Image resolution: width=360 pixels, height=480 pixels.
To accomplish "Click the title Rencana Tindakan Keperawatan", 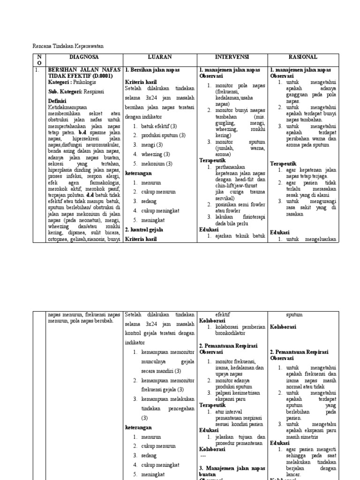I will pyautogui.click(x=67, y=46).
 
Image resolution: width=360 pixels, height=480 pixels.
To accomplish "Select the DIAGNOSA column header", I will pyautogui.click(x=84, y=57).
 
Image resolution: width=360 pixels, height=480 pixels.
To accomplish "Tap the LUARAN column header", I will pyautogui.click(x=160, y=57).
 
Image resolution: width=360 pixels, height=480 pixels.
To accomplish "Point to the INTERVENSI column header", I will pyautogui.click(x=232, y=57).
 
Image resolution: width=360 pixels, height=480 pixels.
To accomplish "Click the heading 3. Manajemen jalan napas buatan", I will pyautogui.click(x=232, y=471).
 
